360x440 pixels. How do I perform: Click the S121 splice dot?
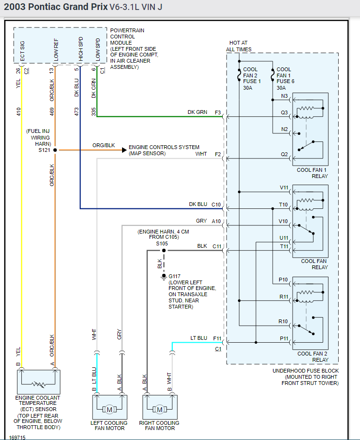tap(55, 150)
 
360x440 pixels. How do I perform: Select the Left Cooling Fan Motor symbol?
tap(109, 409)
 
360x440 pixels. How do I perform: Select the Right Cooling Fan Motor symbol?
tap(160, 409)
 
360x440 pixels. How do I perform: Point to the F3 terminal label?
tap(218, 112)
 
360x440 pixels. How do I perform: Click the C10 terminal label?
tap(217, 204)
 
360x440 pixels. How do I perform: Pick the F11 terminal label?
tap(217, 338)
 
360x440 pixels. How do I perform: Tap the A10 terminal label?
tap(217, 221)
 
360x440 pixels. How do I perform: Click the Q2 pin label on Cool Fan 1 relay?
tap(284, 154)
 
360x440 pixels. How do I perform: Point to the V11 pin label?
tap(284, 187)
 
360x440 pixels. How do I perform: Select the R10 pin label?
tap(283, 321)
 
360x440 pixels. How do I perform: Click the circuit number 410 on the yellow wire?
tap(19, 112)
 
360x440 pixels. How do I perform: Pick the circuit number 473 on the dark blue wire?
tap(77, 112)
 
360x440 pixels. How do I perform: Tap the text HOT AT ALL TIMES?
tap(238, 46)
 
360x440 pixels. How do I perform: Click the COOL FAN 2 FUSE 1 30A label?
tap(250, 78)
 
